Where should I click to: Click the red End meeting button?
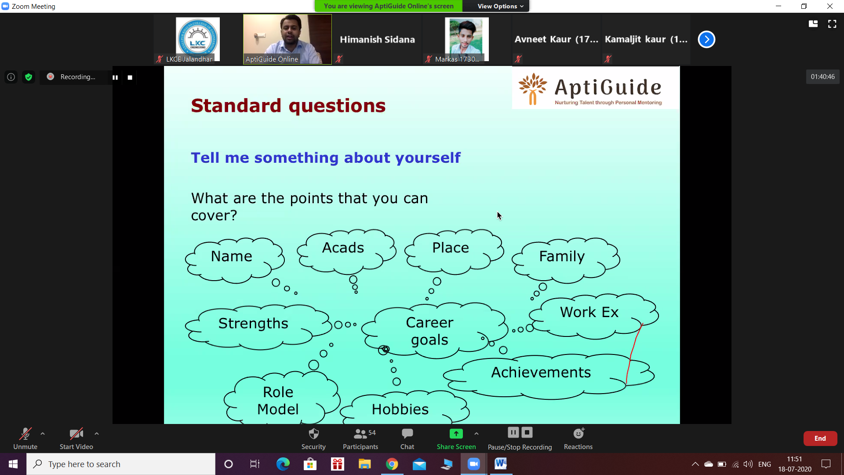point(820,438)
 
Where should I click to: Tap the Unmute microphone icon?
point(25,434)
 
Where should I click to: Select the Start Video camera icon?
point(76,434)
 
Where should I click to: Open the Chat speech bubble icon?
point(407,434)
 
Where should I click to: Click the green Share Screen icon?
point(456,434)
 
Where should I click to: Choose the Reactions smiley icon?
point(578,433)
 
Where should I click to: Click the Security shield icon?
point(313,434)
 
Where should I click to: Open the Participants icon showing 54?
point(364,434)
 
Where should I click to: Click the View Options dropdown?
point(500,6)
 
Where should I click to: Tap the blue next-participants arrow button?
point(706,40)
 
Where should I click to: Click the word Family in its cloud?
point(562,256)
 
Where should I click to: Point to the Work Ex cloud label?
point(589,312)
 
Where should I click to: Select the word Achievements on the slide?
point(541,373)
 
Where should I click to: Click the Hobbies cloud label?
point(400,409)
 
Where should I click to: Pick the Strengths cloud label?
point(253,324)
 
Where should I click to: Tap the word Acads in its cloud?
point(343,248)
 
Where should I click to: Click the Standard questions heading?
point(288,106)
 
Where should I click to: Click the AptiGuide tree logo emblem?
point(533,89)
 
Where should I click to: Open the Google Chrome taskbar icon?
point(392,464)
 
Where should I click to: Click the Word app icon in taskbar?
point(501,464)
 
